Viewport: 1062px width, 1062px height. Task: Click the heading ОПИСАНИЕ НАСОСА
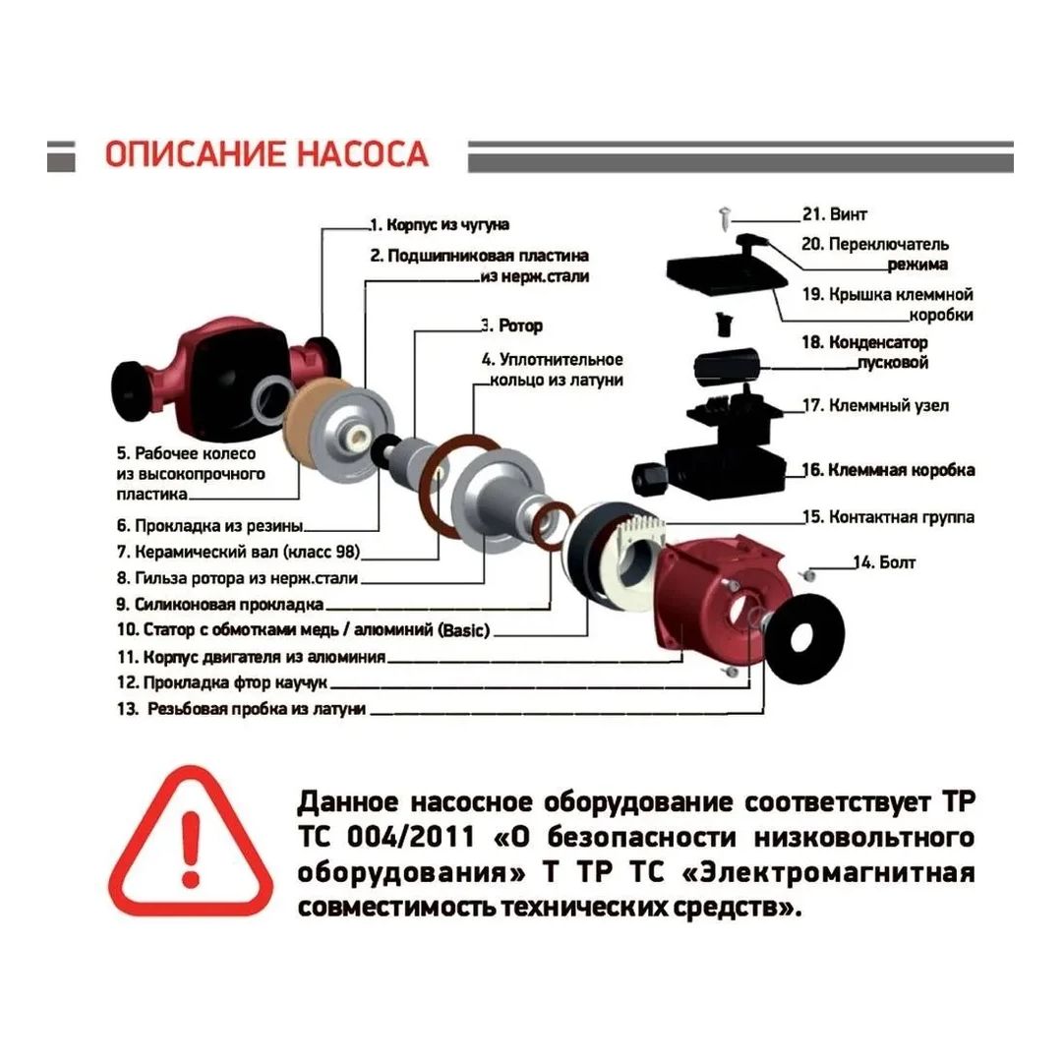point(266,154)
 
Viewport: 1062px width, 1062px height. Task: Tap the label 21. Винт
point(835,214)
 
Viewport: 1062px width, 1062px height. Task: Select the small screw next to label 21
point(725,218)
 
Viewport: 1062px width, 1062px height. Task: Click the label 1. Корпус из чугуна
point(440,224)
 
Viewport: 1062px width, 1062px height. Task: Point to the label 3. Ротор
point(512,325)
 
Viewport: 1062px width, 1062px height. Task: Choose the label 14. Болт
point(884,562)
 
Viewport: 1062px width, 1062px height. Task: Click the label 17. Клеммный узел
point(876,405)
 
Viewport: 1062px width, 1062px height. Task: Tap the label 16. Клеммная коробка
point(888,469)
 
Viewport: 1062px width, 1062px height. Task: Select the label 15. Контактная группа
point(888,517)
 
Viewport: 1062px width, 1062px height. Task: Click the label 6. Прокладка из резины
point(210,525)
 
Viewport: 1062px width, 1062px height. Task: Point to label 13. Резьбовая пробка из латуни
point(241,709)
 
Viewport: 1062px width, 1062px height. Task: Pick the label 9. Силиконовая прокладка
point(220,604)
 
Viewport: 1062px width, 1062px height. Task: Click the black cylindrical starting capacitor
point(728,365)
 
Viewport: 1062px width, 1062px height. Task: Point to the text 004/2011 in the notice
point(411,837)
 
